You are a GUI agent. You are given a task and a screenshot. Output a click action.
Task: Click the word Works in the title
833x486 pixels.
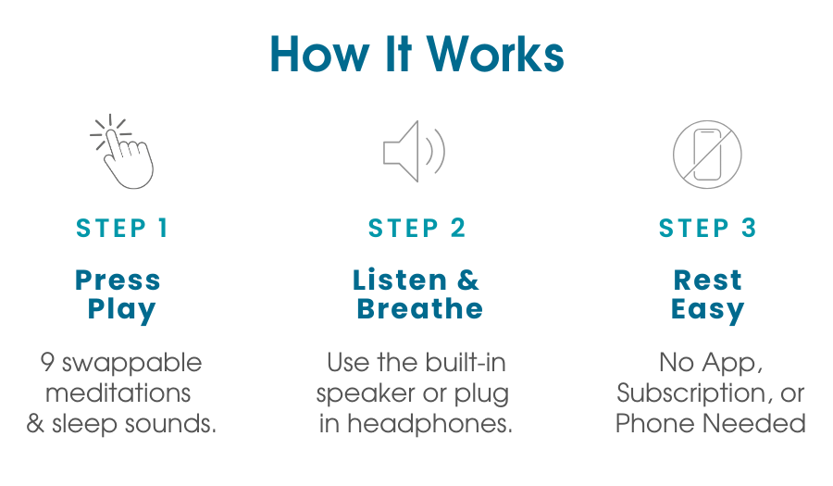(495, 55)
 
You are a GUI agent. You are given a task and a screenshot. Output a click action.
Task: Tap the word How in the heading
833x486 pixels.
(318, 55)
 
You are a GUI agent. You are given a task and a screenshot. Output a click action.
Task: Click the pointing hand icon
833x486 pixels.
(122, 152)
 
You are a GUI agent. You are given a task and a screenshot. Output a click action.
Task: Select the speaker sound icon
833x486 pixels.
(414, 152)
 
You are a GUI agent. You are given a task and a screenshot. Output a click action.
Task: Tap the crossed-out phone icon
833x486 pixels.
(707, 155)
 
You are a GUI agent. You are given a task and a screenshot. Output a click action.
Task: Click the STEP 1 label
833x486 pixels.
(121, 229)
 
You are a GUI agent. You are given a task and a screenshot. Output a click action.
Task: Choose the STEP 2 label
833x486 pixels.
(416, 229)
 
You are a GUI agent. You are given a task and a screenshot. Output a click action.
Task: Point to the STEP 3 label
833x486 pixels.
(707, 229)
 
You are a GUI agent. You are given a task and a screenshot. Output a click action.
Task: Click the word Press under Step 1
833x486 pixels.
(118, 280)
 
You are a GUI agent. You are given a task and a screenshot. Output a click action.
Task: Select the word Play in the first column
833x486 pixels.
(121, 310)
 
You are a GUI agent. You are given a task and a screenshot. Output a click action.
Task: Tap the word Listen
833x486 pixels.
(400, 280)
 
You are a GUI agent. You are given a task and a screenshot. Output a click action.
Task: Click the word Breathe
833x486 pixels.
(419, 308)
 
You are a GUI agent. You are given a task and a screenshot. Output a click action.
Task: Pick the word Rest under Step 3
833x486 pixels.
(708, 280)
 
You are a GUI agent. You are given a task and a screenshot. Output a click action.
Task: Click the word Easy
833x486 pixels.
(708, 310)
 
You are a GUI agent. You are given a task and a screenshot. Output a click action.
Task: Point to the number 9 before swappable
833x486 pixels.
(47, 362)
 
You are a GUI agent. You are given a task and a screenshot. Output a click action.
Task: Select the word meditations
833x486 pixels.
(118, 393)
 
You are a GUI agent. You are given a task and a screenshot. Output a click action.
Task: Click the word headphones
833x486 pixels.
(429, 424)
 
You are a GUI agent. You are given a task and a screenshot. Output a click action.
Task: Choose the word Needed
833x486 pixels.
(754, 424)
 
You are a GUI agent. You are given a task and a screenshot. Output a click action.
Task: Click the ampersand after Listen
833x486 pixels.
(468, 280)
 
